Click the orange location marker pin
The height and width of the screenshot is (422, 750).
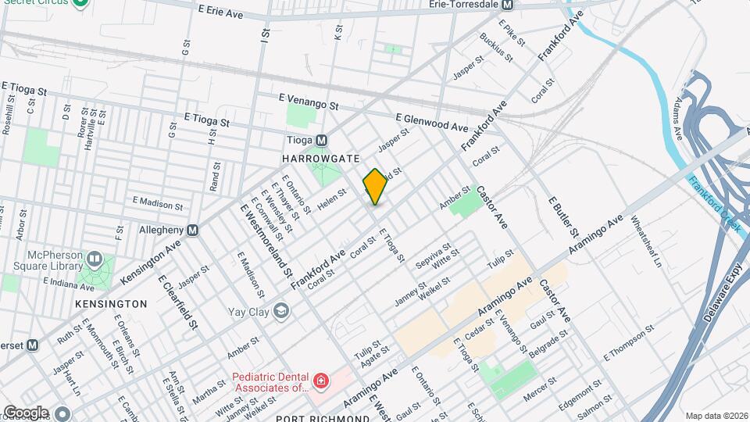tap(375, 187)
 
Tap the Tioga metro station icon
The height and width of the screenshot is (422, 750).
tap(321, 140)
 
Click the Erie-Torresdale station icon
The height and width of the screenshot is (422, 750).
tap(506, 5)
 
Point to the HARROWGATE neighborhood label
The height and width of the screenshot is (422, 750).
tap(314, 158)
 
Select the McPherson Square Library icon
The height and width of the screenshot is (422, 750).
tap(95, 257)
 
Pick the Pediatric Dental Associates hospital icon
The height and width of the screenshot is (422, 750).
tap(320, 381)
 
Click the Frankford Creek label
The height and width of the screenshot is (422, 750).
tap(713, 202)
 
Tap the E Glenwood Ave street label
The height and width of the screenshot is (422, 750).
tap(431, 121)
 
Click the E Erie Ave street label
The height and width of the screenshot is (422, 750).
tap(220, 13)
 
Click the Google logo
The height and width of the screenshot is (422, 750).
tap(25, 412)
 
